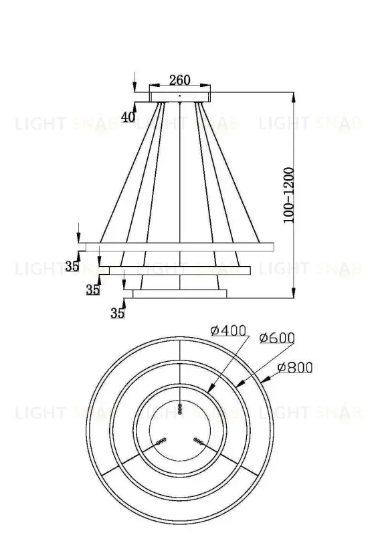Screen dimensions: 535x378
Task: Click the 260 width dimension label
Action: (x=179, y=80)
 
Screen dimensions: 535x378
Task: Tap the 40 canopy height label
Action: (x=128, y=117)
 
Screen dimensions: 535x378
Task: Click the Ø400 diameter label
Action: (x=228, y=330)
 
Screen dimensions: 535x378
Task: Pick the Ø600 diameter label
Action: (x=276, y=338)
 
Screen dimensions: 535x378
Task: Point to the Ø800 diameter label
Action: (x=294, y=366)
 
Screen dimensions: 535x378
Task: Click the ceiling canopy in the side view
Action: (x=179, y=96)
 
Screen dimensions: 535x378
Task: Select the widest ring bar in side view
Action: (x=176, y=246)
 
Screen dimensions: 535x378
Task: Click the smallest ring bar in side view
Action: (x=179, y=293)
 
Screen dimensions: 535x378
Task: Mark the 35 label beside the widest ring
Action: (x=72, y=266)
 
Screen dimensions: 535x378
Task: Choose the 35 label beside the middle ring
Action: (x=93, y=290)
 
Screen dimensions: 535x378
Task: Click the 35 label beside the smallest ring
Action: (x=118, y=313)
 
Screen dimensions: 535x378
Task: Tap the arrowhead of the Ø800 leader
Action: (x=266, y=383)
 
